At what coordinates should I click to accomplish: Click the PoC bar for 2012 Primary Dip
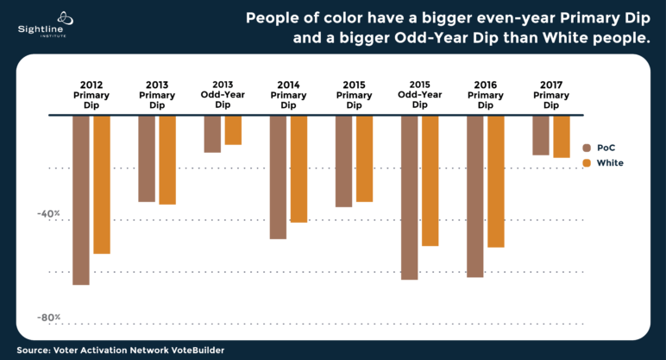pos(81,199)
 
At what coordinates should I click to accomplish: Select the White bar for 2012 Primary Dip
pos(102,184)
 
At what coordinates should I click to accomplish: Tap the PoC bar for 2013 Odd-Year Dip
pos(212,134)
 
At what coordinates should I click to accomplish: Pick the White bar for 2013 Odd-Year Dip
pos(233,129)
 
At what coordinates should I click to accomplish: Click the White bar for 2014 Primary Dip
pos(298,168)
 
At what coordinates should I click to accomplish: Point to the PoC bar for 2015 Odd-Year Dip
pos(409,197)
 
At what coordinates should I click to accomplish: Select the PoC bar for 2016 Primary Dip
pos(474,196)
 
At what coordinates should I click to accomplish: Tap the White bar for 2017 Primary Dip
pos(562,136)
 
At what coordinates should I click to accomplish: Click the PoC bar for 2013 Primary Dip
pos(147,158)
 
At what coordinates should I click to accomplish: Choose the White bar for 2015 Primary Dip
pos(364,158)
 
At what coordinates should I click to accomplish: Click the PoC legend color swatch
pos(587,148)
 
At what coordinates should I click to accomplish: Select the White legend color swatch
pos(587,163)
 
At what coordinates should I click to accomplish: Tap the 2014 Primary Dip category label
pos(288,95)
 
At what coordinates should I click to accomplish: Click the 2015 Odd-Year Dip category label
pos(419,93)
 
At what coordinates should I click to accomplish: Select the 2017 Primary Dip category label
pos(551,95)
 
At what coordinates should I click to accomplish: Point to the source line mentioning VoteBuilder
pos(121,351)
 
